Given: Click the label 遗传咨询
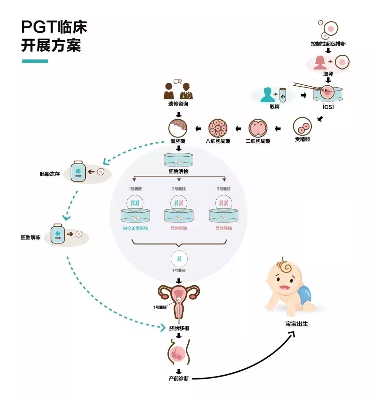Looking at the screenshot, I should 178,104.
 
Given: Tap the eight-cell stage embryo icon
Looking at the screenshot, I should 218,128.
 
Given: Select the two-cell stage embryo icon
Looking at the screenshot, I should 258,128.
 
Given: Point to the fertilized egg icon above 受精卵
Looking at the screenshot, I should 302,127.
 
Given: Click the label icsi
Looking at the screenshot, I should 328,107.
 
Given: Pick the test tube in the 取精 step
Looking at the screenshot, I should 282,95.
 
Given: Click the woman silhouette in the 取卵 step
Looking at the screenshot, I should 320,63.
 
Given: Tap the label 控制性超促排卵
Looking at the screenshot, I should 328,44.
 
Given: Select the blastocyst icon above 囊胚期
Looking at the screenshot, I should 178,128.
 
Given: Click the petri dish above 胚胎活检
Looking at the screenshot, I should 178,160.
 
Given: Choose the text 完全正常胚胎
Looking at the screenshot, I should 135,228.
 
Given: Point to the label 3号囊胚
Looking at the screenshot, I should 224,189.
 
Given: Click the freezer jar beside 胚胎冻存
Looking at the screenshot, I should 78,171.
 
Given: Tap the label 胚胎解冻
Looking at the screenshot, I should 31,237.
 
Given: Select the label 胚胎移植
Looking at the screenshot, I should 179,328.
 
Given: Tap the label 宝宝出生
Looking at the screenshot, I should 297,324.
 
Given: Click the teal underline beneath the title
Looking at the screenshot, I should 35,61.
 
